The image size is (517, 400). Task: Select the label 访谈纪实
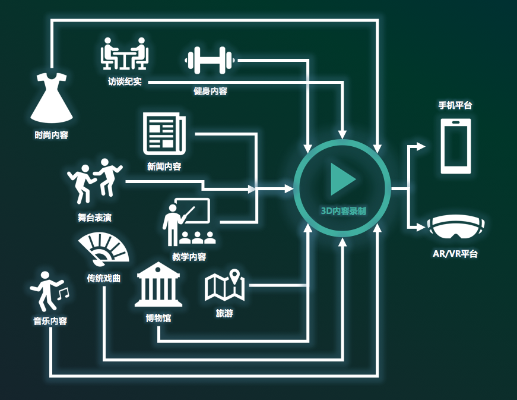point(125,81)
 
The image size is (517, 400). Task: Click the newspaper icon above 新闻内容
point(164,133)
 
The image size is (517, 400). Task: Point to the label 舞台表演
point(94,217)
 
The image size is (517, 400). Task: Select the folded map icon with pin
point(225,286)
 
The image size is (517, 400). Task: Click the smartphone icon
point(455,146)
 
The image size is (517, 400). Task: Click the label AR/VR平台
point(455,254)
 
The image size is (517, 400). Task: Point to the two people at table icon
point(125,54)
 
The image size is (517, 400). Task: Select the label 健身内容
point(210,90)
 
